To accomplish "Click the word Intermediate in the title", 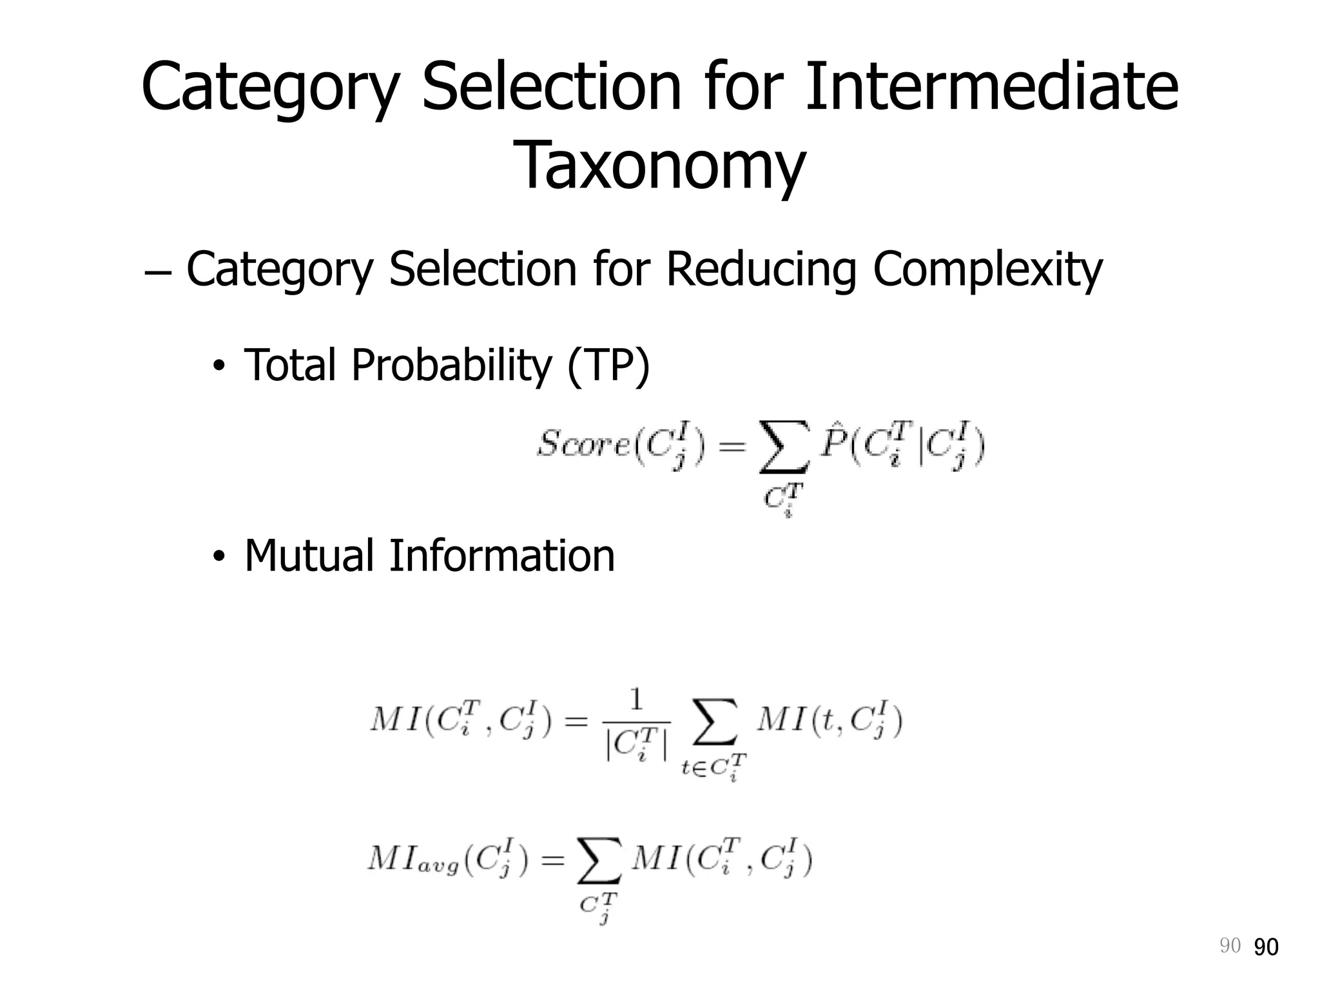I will click(991, 87).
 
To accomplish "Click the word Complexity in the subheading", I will click(987, 269).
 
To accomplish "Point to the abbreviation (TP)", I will click(608, 365).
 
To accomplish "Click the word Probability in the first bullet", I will click(451, 365).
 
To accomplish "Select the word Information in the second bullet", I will click(502, 556).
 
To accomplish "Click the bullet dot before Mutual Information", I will click(219, 558).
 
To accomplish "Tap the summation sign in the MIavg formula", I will click(599, 862).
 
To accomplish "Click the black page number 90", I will click(1267, 947).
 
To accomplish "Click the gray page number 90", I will click(1230, 946).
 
